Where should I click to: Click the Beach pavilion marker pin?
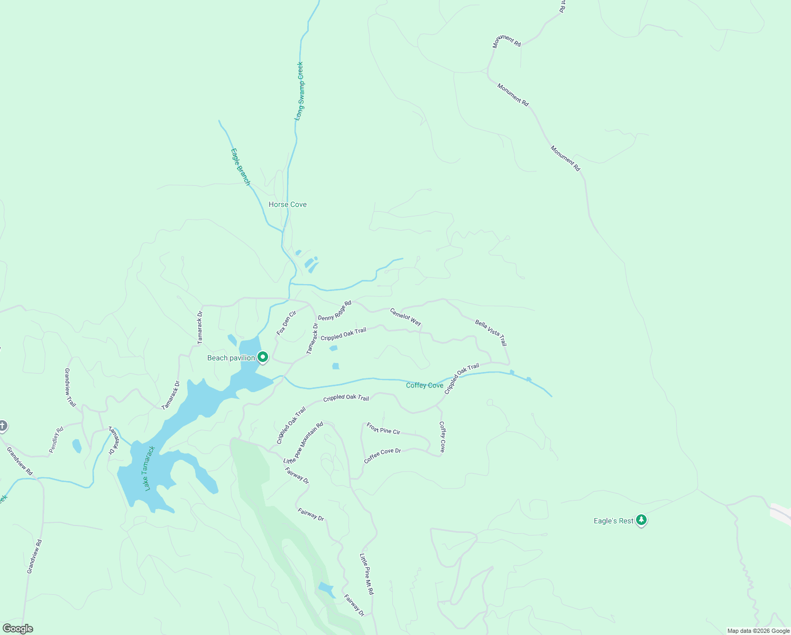pyautogui.click(x=263, y=357)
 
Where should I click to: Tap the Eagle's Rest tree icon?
pyautogui.click(x=641, y=520)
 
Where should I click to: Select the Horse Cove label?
pyautogui.click(x=288, y=204)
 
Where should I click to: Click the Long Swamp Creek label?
pyautogui.click(x=299, y=91)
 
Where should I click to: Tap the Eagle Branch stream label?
pyautogui.click(x=240, y=167)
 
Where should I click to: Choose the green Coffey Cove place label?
pyautogui.click(x=425, y=385)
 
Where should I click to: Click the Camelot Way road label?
pyautogui.click(x=406, y=317)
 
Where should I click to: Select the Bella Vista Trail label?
pyautogui.click(x=491, y=332)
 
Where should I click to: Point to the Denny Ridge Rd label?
pyautogui.click(x=335, y=311)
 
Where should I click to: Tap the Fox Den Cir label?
pyautogui.click(x=287, y=323)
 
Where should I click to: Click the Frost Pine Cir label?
pyautogui.click(x=383, y=429)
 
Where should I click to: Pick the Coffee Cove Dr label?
pyautogui.click(x=382, y=456)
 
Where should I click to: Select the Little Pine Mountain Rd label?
pyautogui.click(x=303, y=443)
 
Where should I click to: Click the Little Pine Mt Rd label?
pyautogui.click(x=366, y=574)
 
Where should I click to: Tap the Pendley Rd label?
pyautogui.click(x=56, y=440)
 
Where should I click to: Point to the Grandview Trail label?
pyautogui.click(x=70, y=387)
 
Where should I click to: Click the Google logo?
pyautogui.click(x=17, y=629)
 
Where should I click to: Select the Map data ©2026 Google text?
pyautogui.click(x=758, y=631)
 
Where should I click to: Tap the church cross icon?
pyautogui.click(x=3, y=425)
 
